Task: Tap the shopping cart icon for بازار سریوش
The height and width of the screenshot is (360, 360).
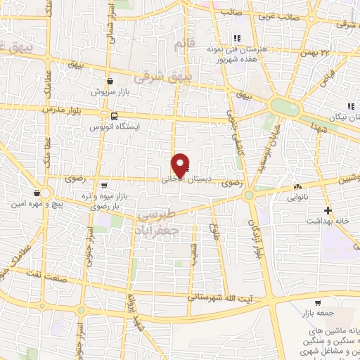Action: pos(110,82)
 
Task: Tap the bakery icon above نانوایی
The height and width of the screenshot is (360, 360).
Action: pos(299,187)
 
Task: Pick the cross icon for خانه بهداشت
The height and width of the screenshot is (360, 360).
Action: pos(327,210)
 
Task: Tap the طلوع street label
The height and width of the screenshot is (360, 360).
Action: pos(215,231)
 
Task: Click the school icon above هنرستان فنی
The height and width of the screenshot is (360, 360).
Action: pos(238,39)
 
